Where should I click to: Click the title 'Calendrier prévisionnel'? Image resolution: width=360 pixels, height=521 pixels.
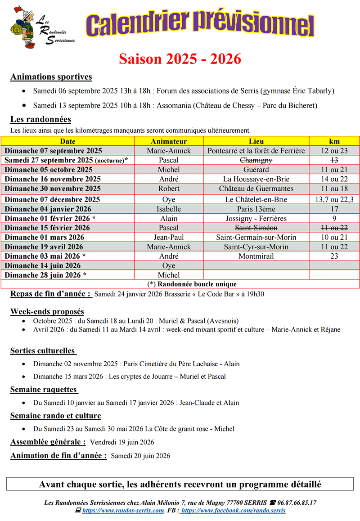pos(200,25)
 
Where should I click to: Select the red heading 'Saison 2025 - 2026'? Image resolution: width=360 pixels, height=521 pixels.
pos(180,59)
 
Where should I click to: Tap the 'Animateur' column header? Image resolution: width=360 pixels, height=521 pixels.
pos(169,141)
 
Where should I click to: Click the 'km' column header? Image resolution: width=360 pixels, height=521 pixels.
pos(334,141)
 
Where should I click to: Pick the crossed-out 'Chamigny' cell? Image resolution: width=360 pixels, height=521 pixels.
pos(256,160)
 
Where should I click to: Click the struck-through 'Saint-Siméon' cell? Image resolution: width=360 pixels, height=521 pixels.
pos(256,228)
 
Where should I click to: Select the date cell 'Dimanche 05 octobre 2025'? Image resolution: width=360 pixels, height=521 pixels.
pos(49,170)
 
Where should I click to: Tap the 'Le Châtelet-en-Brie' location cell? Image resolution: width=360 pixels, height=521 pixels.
pos(256,199)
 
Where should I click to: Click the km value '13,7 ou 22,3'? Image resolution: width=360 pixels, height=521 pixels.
pos(334,199)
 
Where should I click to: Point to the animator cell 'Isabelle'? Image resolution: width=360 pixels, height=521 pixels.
pos(169,209)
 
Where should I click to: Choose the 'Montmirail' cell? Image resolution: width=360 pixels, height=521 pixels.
pos(256,256)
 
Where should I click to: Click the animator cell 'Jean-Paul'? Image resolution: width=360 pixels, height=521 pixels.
pos(169,237)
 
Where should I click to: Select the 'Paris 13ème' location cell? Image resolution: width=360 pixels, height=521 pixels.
pos(256,209)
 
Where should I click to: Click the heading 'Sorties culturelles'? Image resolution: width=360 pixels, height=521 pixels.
pos(43,351)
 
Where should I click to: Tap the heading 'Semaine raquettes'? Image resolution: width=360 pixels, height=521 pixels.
pos(44,390)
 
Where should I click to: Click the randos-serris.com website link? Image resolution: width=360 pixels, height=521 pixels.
pos(123,511)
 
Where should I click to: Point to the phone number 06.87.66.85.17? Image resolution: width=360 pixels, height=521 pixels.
pos(297,503)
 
